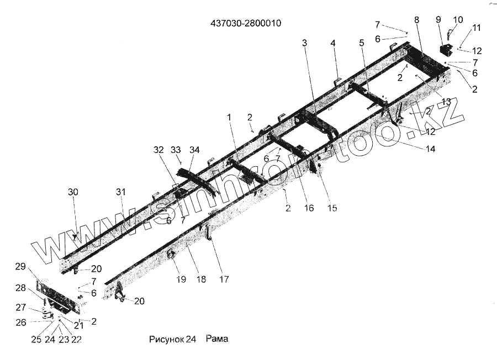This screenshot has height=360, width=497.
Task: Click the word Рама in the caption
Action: click(x=217, y=338)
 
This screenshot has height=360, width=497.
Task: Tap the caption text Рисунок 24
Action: click(x=172, y=338)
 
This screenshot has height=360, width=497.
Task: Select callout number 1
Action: click(x=229, y=117)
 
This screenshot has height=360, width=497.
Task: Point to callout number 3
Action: click(x=304, y=43)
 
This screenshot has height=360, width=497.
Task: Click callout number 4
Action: click(x=333, y=43)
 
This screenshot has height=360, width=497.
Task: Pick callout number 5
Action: click(x=361, y=43)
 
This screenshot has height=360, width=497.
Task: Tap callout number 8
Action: click(x=416, y=19)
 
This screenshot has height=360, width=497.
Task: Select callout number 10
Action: click(x=458, y=20)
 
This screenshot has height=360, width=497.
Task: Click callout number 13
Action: click(x=446, y=101)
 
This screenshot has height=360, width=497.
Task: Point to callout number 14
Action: click(x=430, y=149)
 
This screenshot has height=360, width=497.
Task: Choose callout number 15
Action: click(x=331, y=208)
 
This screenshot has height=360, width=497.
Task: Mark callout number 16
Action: click(x=309, y=208)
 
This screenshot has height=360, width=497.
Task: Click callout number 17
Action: click(x=224, y=279)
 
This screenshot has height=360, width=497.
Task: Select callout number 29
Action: click(x=20, y=267)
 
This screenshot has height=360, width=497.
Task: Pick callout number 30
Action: click(x=73, y=192)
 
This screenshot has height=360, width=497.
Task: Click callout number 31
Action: click(x=121, y=192)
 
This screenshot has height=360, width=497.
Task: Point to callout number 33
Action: click(x=176, y=150)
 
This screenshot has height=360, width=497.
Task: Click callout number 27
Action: click(x=20, y=308)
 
